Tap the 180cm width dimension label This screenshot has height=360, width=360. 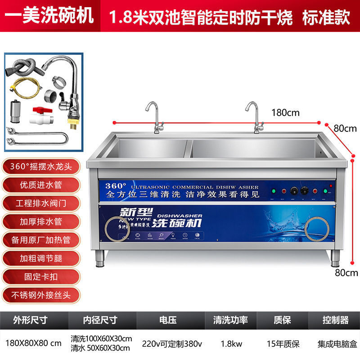click(285, 112)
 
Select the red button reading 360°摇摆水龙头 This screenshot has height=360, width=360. click(41, 166)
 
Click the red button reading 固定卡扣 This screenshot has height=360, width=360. click(41, 276)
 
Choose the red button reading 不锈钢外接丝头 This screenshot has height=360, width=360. click(41, 295)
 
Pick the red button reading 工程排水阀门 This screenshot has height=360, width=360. click(41, 202)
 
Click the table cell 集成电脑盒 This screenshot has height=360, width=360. click(335, 343)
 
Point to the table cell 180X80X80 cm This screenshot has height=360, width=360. click(33, 343)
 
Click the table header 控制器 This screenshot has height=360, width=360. click(335, 320)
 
